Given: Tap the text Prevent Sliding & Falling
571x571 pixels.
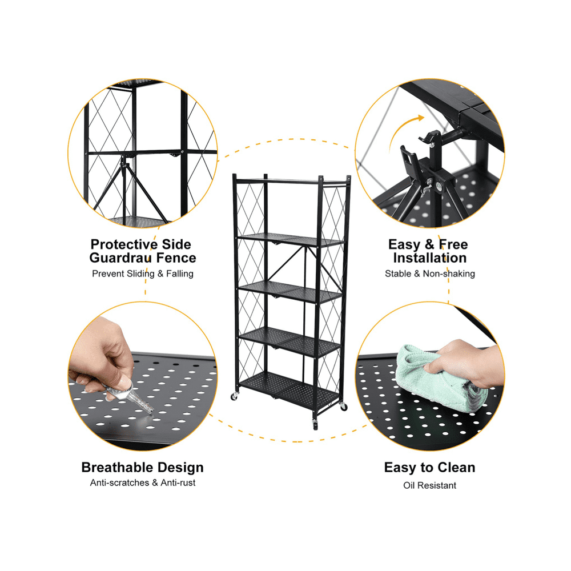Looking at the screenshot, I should pyautogui.click(x=143, y=274).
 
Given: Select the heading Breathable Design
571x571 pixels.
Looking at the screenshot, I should pyautogui.click(x=142, y=468).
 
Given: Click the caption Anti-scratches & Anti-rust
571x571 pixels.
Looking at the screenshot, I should pyautogui.click(x=143, y=483).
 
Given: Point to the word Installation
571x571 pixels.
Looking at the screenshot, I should pyautogui.click(x=429, y=258).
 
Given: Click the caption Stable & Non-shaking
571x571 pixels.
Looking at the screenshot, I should pyautogui.click(x=429, y=274).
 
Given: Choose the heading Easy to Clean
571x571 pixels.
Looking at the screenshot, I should pyautogui.click(x=429, y=468).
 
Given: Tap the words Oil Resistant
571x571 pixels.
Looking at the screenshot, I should pyautogui.click(x=429, y=485).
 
